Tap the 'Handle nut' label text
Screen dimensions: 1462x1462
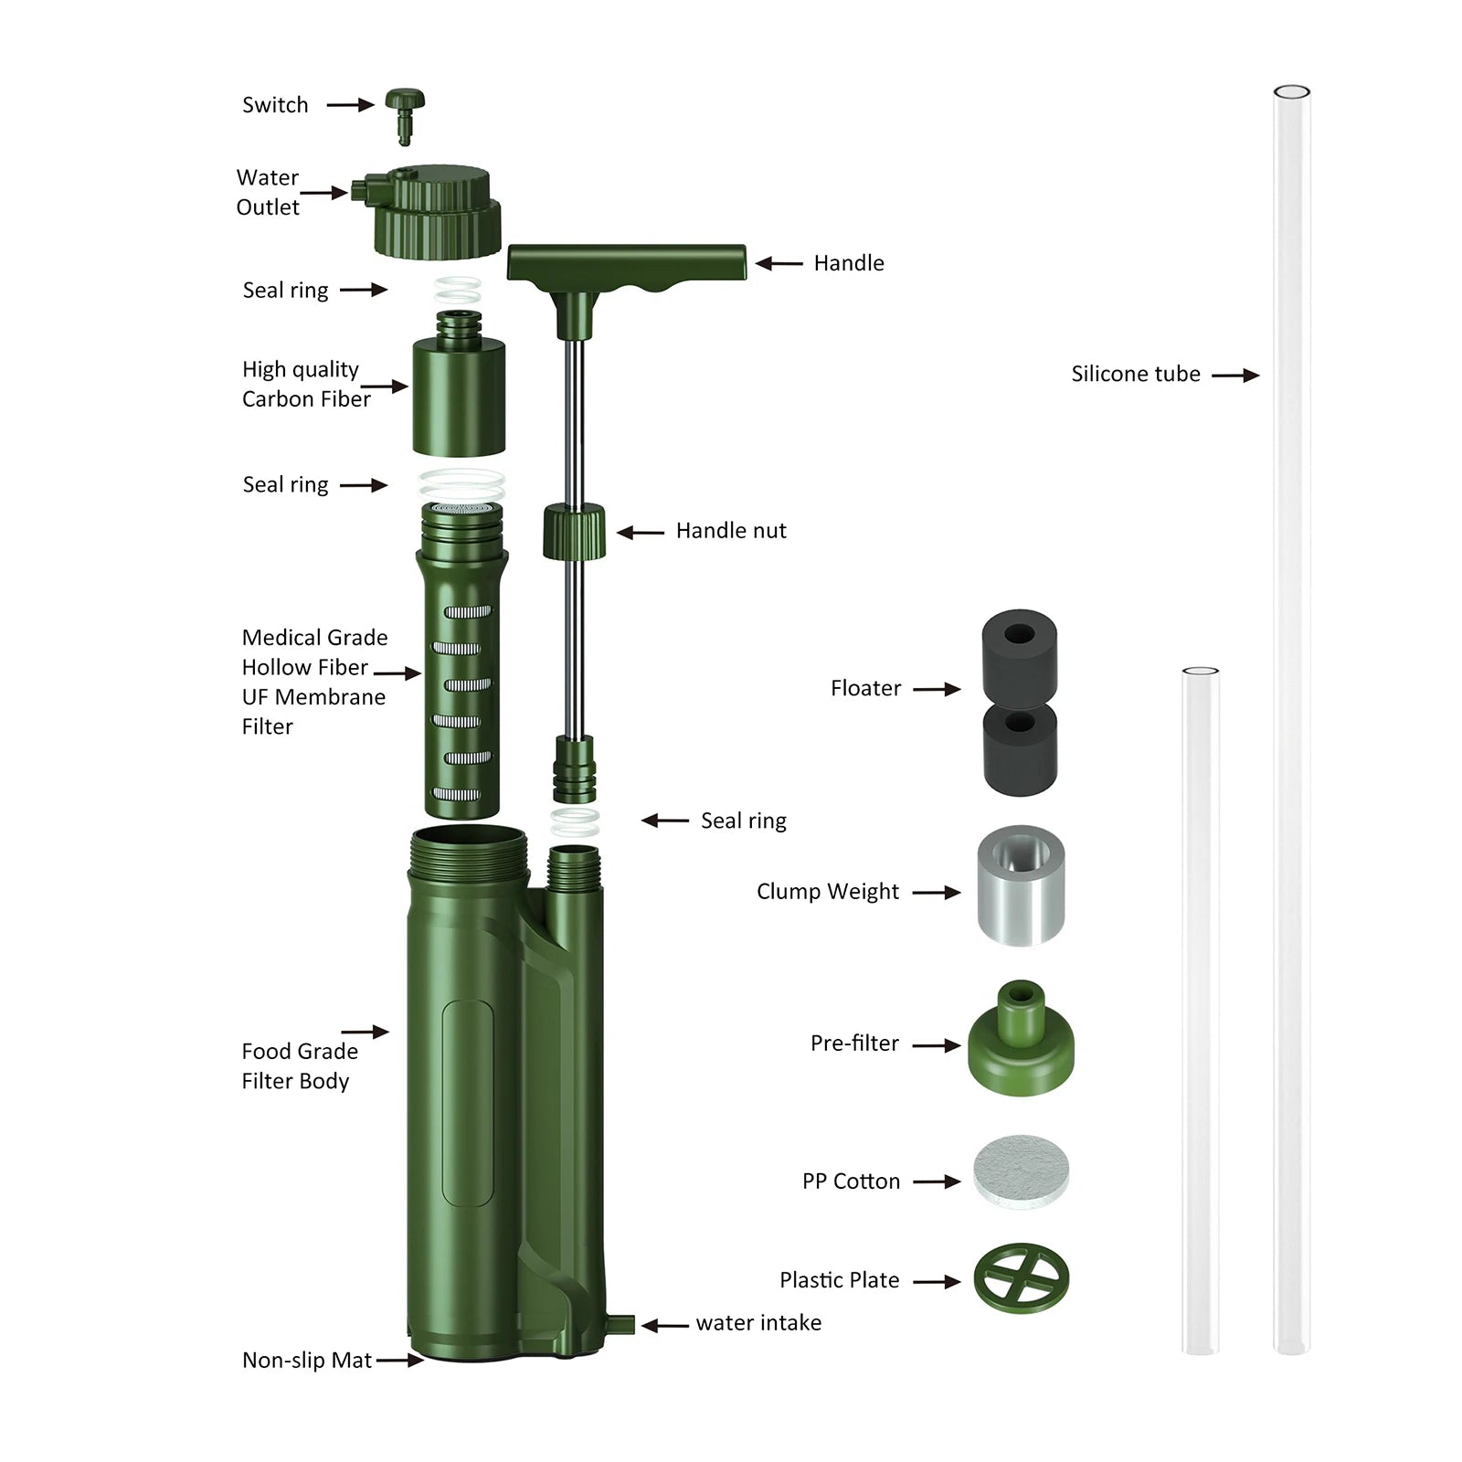730,531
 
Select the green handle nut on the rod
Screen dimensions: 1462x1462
575,531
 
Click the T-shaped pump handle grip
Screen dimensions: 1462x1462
627,263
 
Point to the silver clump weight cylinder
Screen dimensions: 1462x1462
1021,885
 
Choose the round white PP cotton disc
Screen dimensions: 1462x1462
1021,1172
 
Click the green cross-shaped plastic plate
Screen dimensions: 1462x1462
1021,1277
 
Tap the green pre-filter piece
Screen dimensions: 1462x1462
1021,1042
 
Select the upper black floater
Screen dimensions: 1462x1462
1020,651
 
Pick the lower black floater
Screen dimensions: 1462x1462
1020,749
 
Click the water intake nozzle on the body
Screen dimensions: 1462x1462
622,1324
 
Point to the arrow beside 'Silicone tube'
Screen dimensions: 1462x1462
1235,375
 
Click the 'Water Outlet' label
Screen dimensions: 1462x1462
268,192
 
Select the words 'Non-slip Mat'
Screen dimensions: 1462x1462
306,1361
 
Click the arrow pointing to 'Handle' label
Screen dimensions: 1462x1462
779,263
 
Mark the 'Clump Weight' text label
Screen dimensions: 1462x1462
827,892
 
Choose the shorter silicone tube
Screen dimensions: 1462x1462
1200,1010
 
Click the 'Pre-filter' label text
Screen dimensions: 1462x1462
854,1044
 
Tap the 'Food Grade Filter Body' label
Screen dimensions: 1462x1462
299,1065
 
